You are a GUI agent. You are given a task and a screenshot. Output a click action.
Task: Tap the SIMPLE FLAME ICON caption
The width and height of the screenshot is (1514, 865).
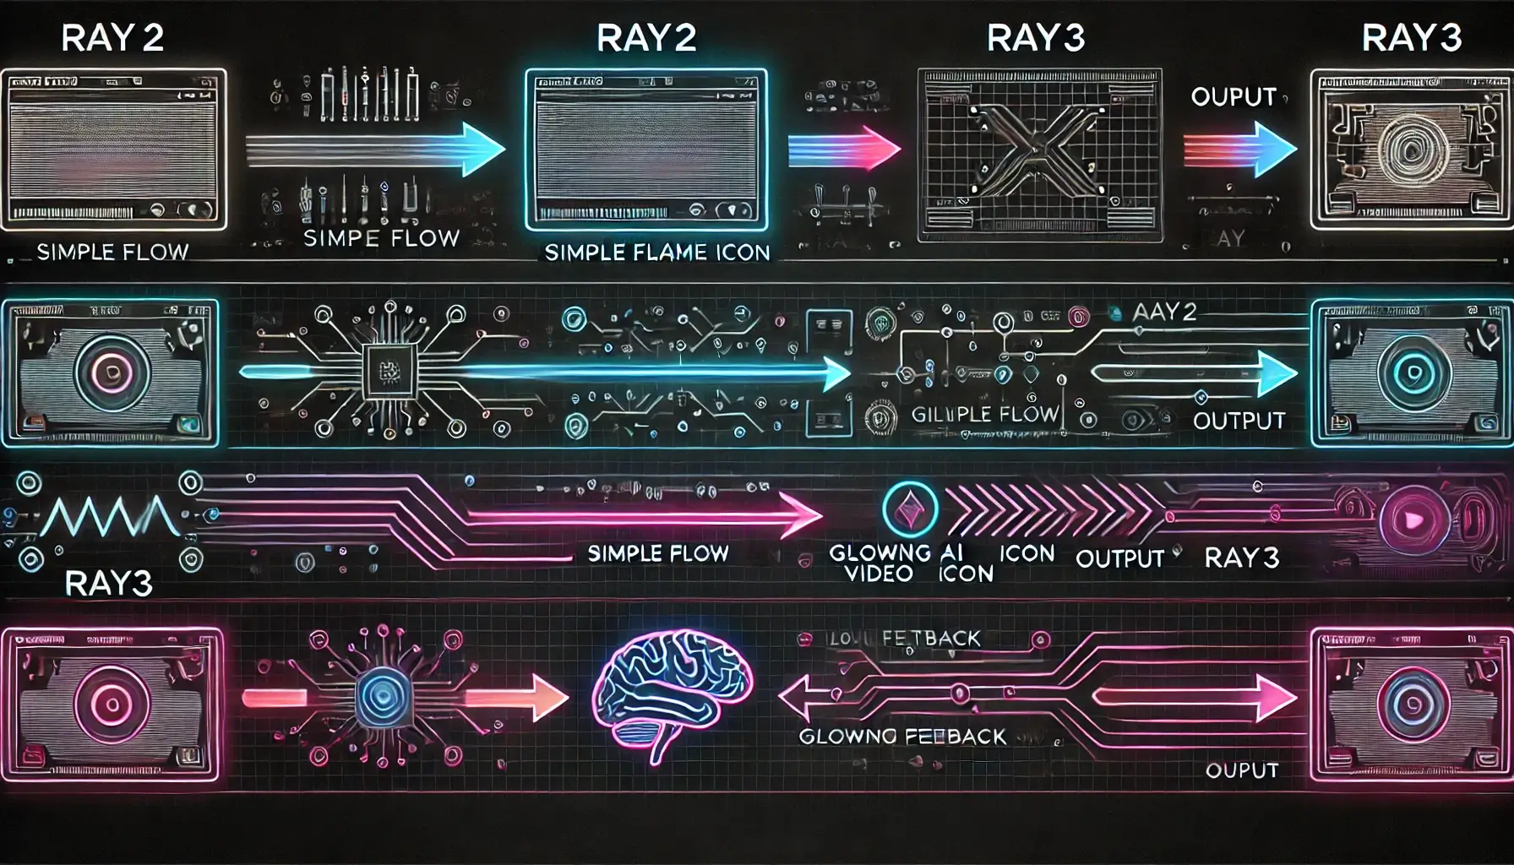click(656, 253)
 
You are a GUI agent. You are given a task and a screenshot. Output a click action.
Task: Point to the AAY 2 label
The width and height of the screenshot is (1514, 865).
click(1165, 313)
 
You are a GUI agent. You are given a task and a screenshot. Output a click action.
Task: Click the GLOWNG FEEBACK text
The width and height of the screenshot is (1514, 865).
click(902, 737)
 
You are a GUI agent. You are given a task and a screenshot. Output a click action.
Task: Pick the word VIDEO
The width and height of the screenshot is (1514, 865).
click(879, 574)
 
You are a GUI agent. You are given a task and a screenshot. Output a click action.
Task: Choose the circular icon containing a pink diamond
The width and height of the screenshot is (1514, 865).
click(909, 509)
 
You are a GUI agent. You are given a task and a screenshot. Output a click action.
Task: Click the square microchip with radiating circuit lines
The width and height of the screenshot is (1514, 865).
click(389, 372)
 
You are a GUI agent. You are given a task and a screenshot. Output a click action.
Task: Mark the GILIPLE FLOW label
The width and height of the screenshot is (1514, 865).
click(984, 414)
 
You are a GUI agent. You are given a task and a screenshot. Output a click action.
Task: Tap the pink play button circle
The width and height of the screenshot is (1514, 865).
click(1408, 519)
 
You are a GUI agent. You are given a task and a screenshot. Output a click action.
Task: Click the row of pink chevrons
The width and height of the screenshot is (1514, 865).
click(1048, 510)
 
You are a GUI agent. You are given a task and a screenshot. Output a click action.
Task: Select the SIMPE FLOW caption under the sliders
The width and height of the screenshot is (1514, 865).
click(380, 239)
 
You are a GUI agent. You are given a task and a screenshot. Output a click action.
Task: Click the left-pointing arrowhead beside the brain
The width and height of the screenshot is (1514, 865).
click(792, 698)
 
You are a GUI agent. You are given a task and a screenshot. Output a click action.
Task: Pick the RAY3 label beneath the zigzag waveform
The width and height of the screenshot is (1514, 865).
click(108, 584)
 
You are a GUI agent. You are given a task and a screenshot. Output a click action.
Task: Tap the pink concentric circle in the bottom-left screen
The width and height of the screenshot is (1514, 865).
click(112, 704)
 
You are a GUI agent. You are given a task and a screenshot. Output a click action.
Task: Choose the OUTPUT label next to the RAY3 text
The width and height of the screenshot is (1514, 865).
click(1119, 558)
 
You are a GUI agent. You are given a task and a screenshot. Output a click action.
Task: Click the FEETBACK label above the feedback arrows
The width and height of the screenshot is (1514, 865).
click(930, 639)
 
